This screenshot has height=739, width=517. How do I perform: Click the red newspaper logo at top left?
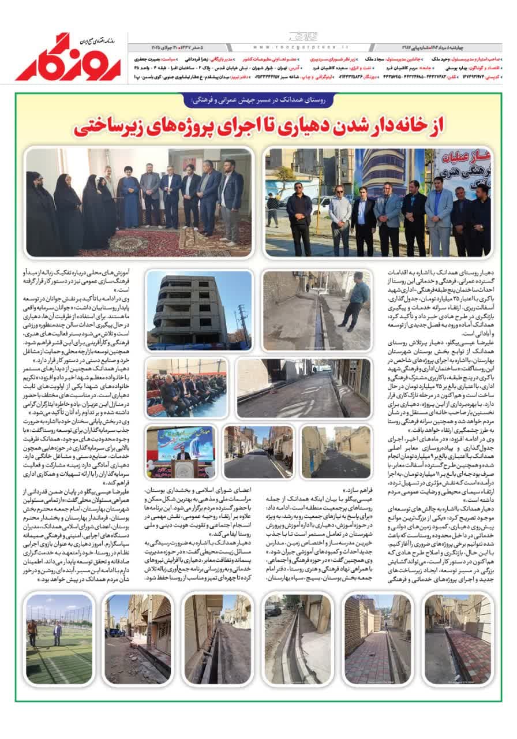(68, 58)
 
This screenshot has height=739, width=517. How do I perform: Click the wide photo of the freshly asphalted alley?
(303, 388)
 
